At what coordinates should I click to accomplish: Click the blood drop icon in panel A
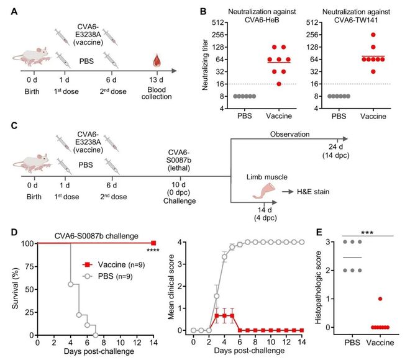pyautogui.click(x=157, y=61)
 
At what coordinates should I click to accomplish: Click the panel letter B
pyautogui.click(x=203, y=12)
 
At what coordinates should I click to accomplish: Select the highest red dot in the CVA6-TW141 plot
pyautogui.click(x=373, y=35)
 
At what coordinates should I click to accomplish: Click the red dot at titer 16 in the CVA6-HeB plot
pyautogui.click(x=279, y=84)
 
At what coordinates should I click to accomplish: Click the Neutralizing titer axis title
pyautogui.click(x=205, y=65)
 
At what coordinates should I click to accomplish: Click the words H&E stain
pyautogui.click(x=313, y=192)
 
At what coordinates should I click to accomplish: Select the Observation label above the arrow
pyautogui.click(x=289, y=134)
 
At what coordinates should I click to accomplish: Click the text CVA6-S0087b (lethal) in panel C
pyautogui.click(x=179, y=160)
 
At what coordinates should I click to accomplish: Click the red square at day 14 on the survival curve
pyautogui.click(x=153, y=243)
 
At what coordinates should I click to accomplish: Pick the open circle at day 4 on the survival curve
pyautogui.click(x=71, y=284)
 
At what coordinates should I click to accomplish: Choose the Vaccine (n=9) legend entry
pyautogui.click(x=114, y=264)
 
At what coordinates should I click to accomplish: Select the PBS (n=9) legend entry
pyautogui.click(x=107, y=276)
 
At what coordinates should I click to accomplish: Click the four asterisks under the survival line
pyautogui.click(x=153, y=250)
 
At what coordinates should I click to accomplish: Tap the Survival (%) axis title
pyautogui.click(x=16, y=288)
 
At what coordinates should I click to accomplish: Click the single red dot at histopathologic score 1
pyautogui.click(x=380, y=299)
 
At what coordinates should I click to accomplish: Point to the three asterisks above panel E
pyautogui.click(x=367, y=233)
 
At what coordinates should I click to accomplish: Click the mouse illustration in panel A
pyautogui.click(x=32, y=56)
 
